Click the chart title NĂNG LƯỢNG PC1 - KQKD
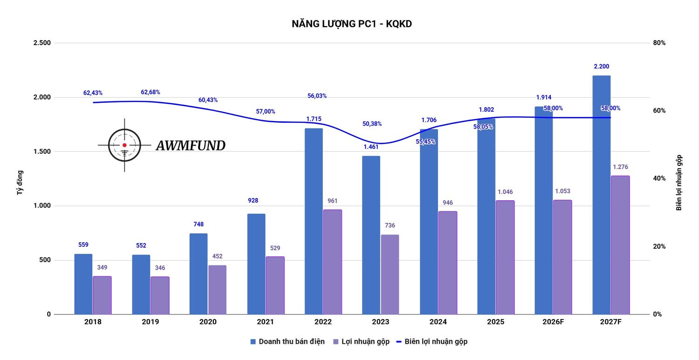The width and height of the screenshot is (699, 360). pyautogui.click(x=351, y=24)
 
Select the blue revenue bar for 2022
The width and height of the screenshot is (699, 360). pyautogui.click(x=314, y=221)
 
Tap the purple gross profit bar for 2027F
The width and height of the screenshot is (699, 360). pyautogui.click(x=620, y=245)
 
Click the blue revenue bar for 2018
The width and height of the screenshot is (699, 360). pyautogui.click(x=83, y=284)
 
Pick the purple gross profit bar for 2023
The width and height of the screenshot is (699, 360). pyautogui.click(x=390, y=274)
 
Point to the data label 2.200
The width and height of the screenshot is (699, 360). pyautogui.click(x=601, y=67)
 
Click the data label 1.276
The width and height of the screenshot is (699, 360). pyautogui.click(x=620, y=167)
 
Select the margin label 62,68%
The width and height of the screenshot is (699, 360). pyautogui.click(x=150, y=92)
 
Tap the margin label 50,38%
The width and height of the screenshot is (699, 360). pyautogui.click(x=372, y=124)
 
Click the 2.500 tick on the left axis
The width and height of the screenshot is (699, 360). pyautogui.click(x=42, y=43)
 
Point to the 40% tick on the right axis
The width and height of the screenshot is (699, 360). pyautogui.click(x=658, y=178)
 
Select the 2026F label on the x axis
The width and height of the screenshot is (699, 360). pyautogui.click(x=553, y=322)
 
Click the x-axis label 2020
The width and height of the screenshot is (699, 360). pyautogui.click(x=208, y=322)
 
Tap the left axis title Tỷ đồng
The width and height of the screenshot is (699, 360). pyautogui.click(x=20, y=182)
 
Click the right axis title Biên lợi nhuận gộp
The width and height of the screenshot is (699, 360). pyautogui.click(x=679, y=183)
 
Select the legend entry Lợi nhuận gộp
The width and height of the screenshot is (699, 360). pyautogui.click(x=365, y=341)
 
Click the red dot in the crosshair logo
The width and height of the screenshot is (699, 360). pyautogui.click(x=124, y=145)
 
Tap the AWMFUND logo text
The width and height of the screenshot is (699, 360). pyautogui.click(x=190, y=146)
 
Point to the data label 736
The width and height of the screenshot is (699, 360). pyautogui.click(x=390, y=225)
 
